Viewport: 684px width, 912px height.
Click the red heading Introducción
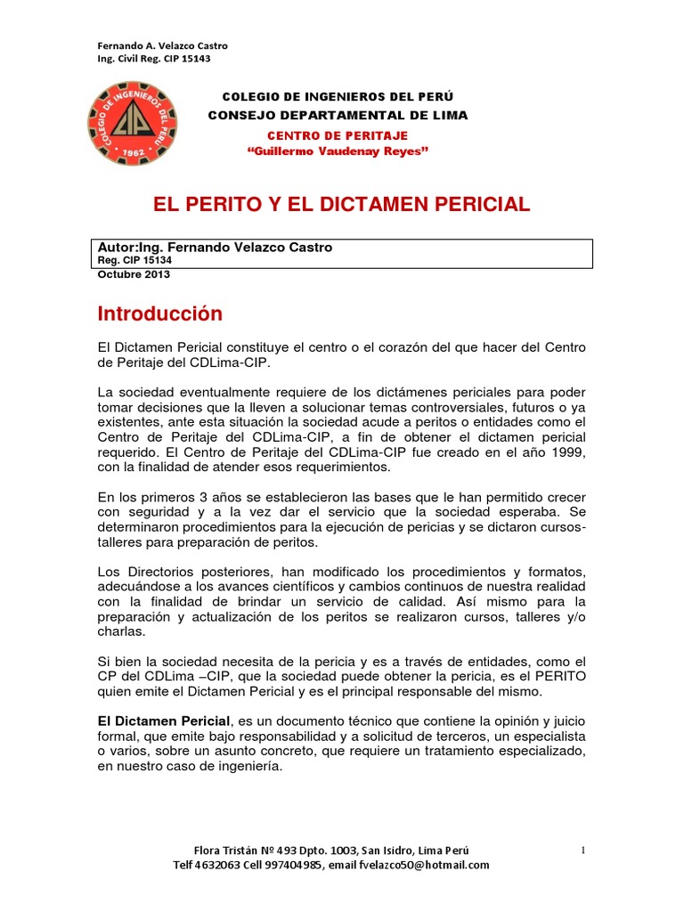159,314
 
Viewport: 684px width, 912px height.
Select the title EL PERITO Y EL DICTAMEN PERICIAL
343,205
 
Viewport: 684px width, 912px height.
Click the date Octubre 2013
133,274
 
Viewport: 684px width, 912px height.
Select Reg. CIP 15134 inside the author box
133,260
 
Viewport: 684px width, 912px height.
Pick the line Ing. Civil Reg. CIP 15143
153,59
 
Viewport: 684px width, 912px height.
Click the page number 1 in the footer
582,851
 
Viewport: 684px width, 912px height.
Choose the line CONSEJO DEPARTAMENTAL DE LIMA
338,116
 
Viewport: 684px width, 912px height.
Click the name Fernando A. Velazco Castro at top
161,45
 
